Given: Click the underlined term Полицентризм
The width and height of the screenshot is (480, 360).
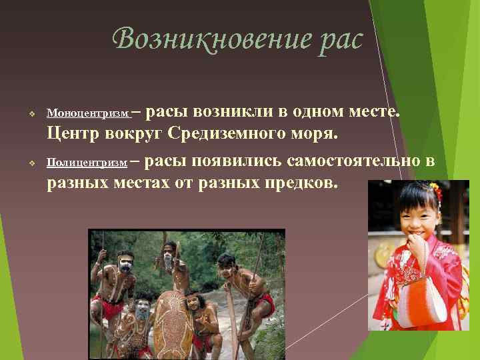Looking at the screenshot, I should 87,162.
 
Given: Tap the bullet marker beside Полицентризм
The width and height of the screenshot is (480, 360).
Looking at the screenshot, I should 31,163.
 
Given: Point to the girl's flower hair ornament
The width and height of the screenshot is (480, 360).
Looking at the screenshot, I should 437,193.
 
